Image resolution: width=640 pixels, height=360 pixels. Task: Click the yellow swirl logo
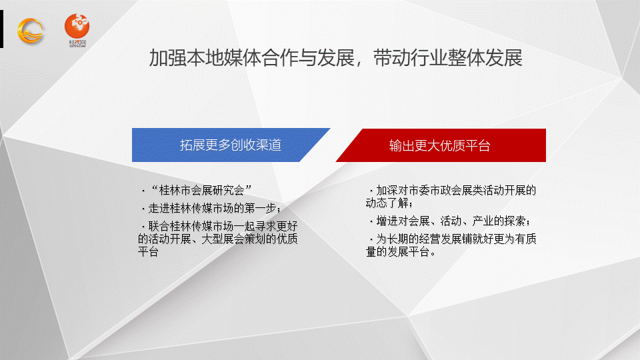[x=30, y=31]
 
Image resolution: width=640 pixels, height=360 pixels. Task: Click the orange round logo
[x=77, y=26]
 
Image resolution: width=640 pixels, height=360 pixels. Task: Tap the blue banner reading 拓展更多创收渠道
[x=231, y=145]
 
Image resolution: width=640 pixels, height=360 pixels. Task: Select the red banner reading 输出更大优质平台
[x=441, y=145]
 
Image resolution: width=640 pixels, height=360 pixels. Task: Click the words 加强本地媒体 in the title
[x=205, y=57]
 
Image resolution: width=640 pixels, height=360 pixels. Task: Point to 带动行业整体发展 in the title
[x=448, y=57]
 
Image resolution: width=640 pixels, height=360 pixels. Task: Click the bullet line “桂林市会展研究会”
[x=197, y=190]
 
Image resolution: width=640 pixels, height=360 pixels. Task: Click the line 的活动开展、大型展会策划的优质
[x=217, y=239]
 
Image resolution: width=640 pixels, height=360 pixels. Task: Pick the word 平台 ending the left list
[x=148, y=251]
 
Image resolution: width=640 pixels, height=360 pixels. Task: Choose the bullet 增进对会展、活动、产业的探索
[x=450, y=221]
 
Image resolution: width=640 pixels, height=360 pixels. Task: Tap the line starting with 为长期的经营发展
[x=453, y=239]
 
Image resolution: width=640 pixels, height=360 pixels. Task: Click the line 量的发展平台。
[x=401, y=251]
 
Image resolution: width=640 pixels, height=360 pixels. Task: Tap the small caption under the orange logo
[x=77, y=43]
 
